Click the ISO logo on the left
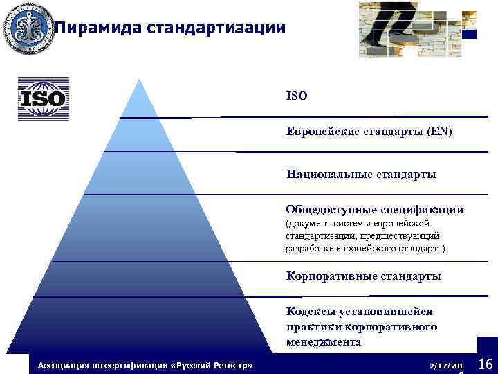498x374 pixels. point(44,98)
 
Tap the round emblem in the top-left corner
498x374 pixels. point(28,28)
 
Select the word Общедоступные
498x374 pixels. point(331,209)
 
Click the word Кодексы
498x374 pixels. point(308,312)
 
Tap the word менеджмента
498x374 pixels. point(323,342)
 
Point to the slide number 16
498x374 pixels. point(485,364)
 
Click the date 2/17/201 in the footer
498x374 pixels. point(445,364)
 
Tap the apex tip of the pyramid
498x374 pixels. point(140,80)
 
